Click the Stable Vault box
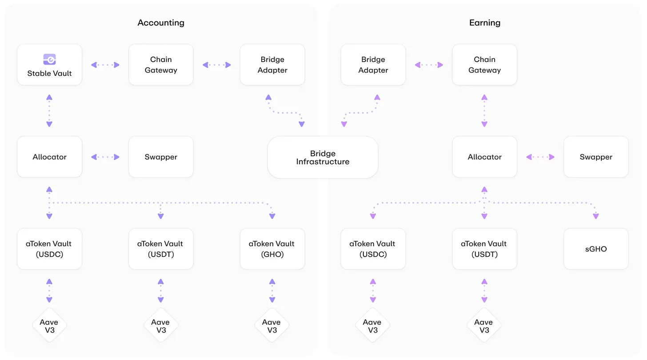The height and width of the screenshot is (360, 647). point(49,65)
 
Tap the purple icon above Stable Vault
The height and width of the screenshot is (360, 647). point(49,59)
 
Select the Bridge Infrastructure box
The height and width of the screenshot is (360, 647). point(323,157)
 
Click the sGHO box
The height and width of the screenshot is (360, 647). point(596,249)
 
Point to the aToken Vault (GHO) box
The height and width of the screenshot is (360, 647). point(272,249)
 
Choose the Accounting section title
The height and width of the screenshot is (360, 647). point(161,23)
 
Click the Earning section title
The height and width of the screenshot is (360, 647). point(485,23)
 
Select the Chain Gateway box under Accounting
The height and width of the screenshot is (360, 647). point(161,65)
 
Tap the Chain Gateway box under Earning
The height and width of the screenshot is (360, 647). point(484,65)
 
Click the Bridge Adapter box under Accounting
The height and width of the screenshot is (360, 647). point(272,65)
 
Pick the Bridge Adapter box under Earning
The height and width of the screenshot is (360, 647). point(373,65)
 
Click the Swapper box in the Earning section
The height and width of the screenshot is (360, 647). point(596,157)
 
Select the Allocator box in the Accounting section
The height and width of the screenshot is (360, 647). point(49,157)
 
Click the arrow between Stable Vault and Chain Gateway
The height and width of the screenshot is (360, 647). point(105,65)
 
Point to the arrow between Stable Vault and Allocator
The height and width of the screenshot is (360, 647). point(49,111)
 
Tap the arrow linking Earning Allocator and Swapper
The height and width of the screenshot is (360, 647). point(540,157)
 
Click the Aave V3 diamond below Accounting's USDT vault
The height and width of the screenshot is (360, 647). point(161,325)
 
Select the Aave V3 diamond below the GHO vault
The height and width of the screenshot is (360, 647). point(272,325)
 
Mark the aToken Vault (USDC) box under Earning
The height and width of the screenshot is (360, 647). point(373,249)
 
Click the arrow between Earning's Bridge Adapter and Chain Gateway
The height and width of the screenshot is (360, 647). point(429,65)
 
